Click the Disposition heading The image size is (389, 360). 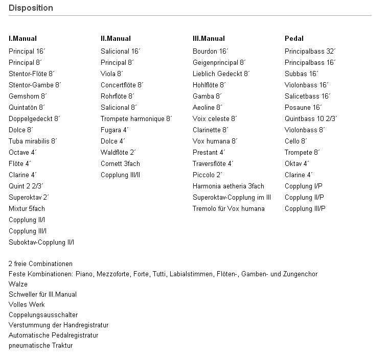pos(31,8)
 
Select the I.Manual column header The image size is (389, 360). pos(22,38)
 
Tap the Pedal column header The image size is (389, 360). pos(294,38)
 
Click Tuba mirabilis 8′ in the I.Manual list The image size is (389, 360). pos(33,141)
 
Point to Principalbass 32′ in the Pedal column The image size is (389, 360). pos(310,51)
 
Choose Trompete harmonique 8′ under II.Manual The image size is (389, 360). pos(136,118)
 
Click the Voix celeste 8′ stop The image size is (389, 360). pos(215,118)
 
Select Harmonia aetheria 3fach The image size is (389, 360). pos(228,186)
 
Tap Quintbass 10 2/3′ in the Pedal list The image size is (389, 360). pos(311,118)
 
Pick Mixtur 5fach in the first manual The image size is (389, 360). pos(27,208)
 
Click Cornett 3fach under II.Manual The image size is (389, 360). pos(120,163)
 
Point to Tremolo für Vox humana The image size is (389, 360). pos(228,208)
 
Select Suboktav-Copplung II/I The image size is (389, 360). pos(41,242)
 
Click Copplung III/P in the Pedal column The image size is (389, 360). pos(305,208)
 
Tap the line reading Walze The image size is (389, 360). pos(18,284)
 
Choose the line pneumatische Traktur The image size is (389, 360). pos(40,345)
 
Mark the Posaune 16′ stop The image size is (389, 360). pos(303,107)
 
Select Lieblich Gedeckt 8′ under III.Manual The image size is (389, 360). pos(221,74)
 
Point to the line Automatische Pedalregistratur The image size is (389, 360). pos(53,335)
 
